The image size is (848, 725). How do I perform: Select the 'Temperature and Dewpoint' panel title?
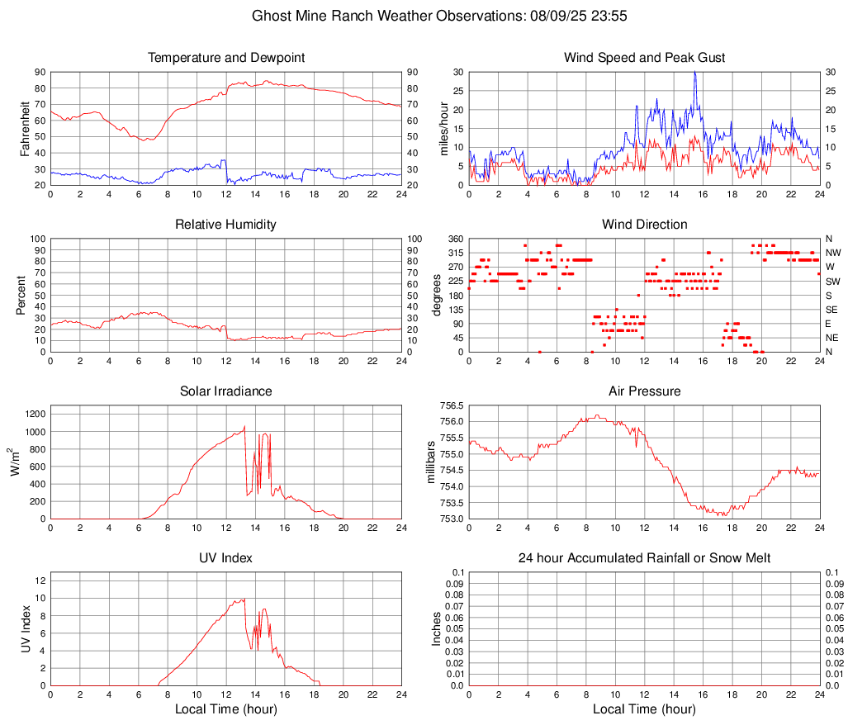pyautogui.click(x=226, y=58)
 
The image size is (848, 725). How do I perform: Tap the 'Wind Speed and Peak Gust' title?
pyautogui.click(x=644, y=58)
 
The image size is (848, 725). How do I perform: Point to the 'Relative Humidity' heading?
pyautogui.click(x=226, y=225)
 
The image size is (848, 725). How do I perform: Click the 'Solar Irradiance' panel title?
pyautogui.click(x=226, y=391)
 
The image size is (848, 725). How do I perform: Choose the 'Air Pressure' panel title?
pyautogui.click(x=644, y=391)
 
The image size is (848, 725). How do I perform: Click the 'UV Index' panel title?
pyautogui.click(x=226, y=558)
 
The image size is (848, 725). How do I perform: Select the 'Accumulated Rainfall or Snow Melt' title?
pyautogui.click(x=644, y=558)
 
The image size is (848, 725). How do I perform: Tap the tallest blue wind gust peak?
pyautogui.click(x=695, y=73)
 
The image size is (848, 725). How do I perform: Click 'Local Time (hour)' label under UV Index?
pyautogui.click(x=226, y=709)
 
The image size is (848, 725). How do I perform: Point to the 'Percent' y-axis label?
pyautogui.click(x=21, y=296)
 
